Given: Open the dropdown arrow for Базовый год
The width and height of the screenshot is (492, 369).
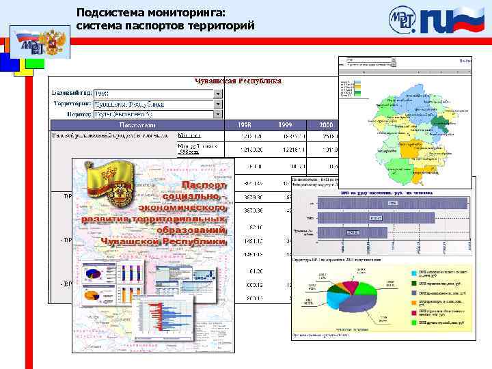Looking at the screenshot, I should [x=218, y=94].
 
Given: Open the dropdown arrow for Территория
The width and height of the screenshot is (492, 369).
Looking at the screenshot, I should [x=218, y=105].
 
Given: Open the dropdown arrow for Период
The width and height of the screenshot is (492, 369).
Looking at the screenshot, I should [x=218, y=115].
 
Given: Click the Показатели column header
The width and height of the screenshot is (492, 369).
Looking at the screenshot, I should [x=137, y=125].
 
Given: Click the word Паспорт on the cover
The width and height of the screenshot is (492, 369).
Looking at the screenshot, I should [x=204, y=186].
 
